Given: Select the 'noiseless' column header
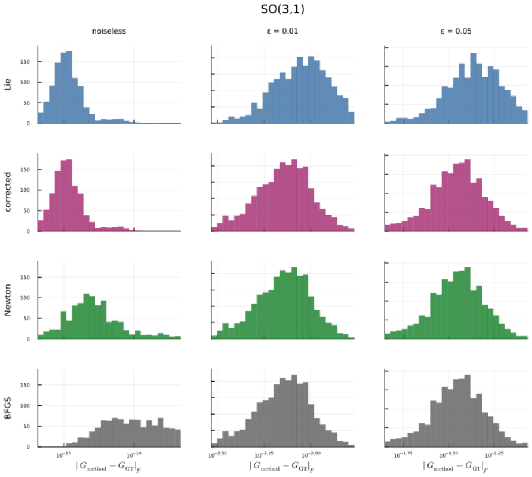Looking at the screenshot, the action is [x=109, y=31].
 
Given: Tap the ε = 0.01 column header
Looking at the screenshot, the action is [x=282, y=31].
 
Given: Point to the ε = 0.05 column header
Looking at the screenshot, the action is [x=456, y=31].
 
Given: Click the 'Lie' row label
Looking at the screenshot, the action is [x=8, y=84].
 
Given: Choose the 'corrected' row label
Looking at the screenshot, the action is [x=8, y=192].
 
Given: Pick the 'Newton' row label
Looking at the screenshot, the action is [x=8, y=300].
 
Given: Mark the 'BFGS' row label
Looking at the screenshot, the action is [x=8, y=408].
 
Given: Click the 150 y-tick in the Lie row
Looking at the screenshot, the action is [x=25, y=62].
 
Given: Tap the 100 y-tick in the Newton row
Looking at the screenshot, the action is [x=25, y=298].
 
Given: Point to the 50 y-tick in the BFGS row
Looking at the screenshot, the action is [x=27, y=427].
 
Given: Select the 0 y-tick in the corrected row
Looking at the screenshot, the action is [x=28, y=231].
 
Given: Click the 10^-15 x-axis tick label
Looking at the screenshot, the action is [x=64, y=455].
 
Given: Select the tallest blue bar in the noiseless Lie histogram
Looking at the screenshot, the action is [x=69, y=87].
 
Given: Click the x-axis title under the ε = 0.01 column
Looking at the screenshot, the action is [x=282, y=467].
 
